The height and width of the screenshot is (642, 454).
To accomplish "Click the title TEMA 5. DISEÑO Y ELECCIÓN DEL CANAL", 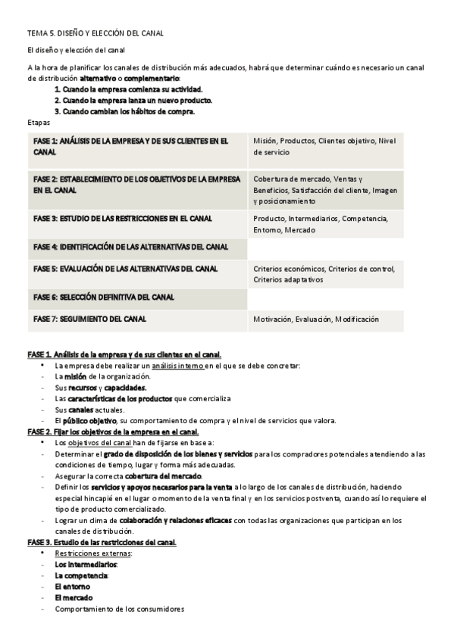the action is [x=95, y=33].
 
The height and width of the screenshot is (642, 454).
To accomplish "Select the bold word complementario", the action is [x=152, y=78].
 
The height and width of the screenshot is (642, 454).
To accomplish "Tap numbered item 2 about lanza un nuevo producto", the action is [x=133, y=100].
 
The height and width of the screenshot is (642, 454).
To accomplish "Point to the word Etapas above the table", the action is [x=38, y=121].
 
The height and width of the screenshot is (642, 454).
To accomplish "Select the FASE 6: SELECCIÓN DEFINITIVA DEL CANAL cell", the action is [x=104, y=297].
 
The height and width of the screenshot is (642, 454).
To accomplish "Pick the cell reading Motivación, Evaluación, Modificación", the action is [x=316, y=319].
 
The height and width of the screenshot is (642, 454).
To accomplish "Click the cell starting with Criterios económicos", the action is [x=324, y=273].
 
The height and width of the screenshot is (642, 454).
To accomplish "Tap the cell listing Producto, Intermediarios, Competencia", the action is [x=321, y=224].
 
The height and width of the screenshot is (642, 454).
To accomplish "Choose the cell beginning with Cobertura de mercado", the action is [x=325, y=190].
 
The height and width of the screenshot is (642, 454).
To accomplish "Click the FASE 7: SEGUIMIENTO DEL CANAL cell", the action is [x=95, y=319].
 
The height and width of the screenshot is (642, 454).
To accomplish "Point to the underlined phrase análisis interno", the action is [x=177, y=366].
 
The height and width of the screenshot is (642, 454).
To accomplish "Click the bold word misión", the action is [x=75, y=376].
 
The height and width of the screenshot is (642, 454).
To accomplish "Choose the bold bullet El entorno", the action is [x=72, y=586].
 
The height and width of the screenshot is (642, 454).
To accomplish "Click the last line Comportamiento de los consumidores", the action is [x=119, y=608].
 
